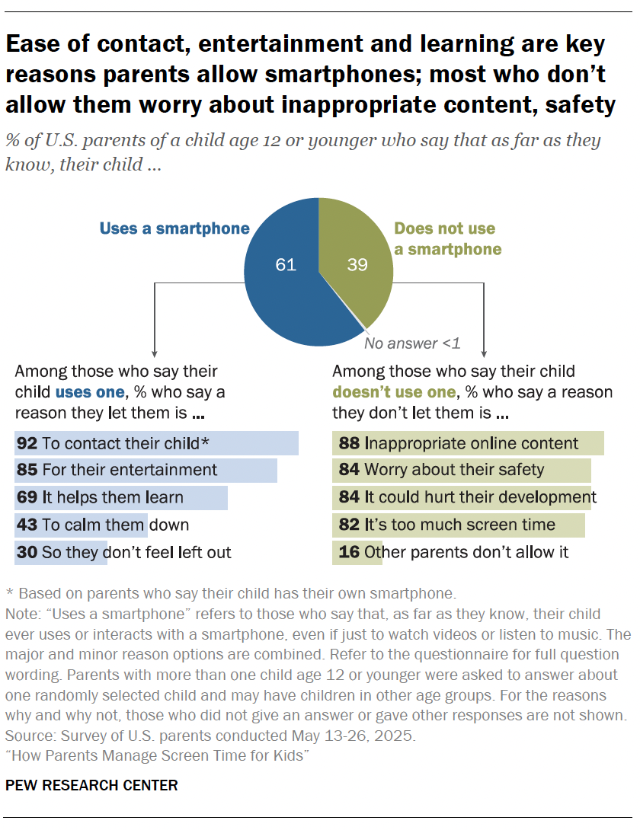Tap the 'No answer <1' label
[x=412, y=343]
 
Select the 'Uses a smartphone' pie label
[x=174, y=228]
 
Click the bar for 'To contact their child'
[x=156, y=443]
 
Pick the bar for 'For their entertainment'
[x=146, y=471]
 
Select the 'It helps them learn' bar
[x=120, y=498]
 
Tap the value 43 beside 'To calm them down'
[x=27, y=525]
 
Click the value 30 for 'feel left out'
[x=27, y=552]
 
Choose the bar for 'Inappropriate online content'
[x=468, y=443]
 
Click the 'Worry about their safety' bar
[x=461, y=471]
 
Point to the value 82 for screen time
[x=348, y=525]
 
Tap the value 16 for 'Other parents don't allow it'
[x=348, y=552]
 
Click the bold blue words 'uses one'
[x=89, y=392]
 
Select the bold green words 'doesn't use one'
[x=394, y=392]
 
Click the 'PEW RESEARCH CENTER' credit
[x=91, y=785]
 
